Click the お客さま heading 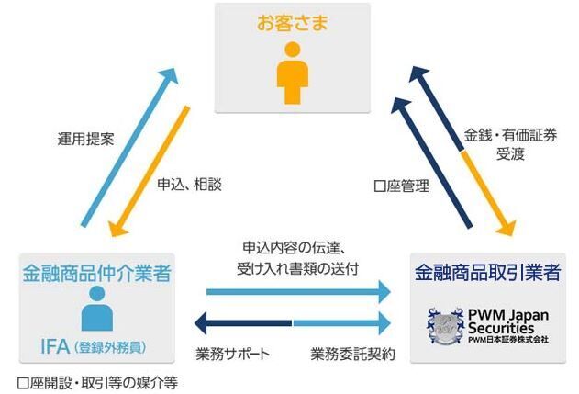click(x=292, y=21)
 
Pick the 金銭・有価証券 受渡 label click(x=497, y=145)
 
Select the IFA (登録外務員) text click(x=95, y=346)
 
